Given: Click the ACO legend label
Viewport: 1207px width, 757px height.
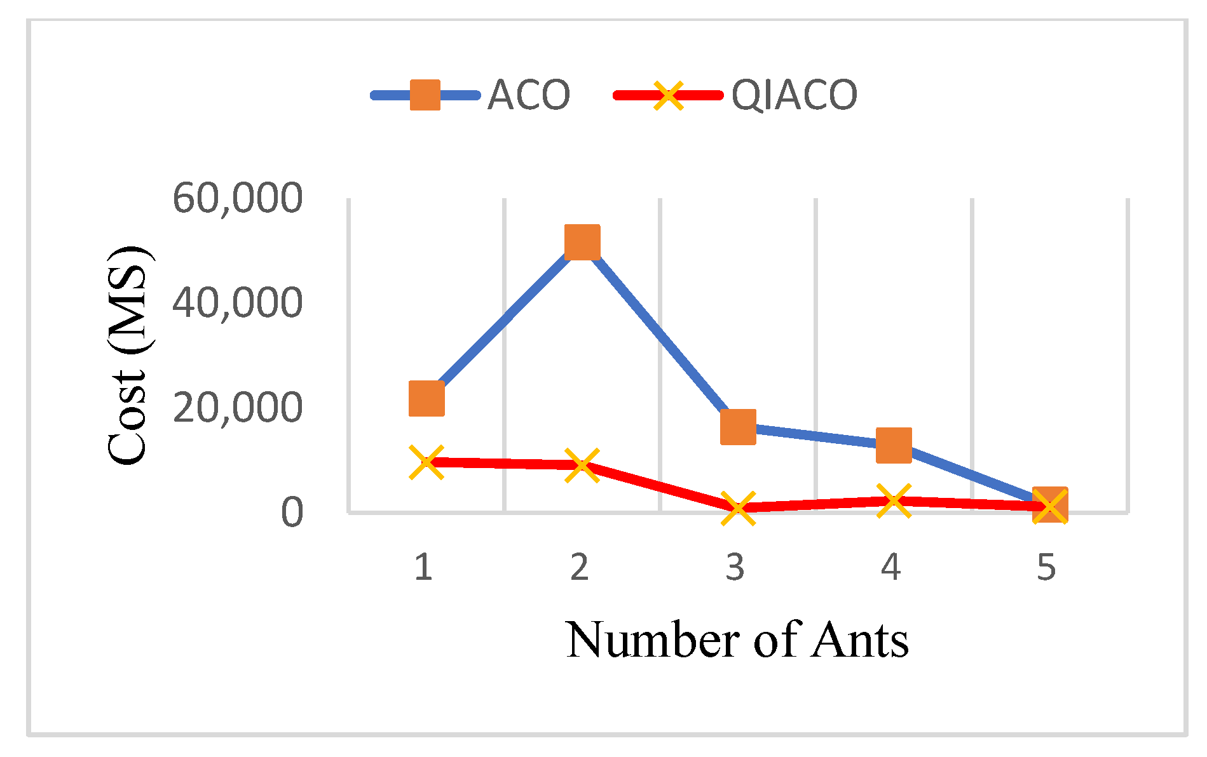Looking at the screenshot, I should point(528,95).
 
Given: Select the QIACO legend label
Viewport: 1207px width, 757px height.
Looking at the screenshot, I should point(794,95).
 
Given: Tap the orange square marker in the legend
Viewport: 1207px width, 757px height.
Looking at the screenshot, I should point(425,95).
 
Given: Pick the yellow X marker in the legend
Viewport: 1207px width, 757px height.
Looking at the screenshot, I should point(668,95).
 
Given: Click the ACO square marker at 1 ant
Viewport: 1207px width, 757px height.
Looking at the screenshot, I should point(426,399).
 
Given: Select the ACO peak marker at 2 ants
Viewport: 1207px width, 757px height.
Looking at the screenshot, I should point(582,242).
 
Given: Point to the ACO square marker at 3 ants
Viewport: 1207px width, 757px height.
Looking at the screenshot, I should point(738,427).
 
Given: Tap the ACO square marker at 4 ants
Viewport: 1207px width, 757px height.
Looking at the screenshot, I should point(894,445).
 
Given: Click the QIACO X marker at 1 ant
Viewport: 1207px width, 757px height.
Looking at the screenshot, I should point(426,462).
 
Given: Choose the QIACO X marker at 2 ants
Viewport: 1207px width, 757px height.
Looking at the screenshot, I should point(582,465).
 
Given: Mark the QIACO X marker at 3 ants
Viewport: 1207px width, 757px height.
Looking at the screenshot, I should point(738,507).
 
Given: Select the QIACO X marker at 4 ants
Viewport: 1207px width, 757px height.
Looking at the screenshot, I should point(894,500).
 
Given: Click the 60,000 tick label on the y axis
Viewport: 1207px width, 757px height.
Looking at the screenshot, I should point(237,198).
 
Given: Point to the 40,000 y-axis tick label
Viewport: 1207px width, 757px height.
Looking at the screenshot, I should point(237,302).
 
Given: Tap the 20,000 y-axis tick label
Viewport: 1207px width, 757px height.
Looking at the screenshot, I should point(237,407).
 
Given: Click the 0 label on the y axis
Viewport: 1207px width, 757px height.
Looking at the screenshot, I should point(292,512).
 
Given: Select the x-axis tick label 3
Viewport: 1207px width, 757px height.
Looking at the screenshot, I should point(735,566).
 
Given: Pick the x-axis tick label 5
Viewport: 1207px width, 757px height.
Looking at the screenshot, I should point(1046,566).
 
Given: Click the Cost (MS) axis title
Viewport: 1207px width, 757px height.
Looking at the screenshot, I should point(129,356).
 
